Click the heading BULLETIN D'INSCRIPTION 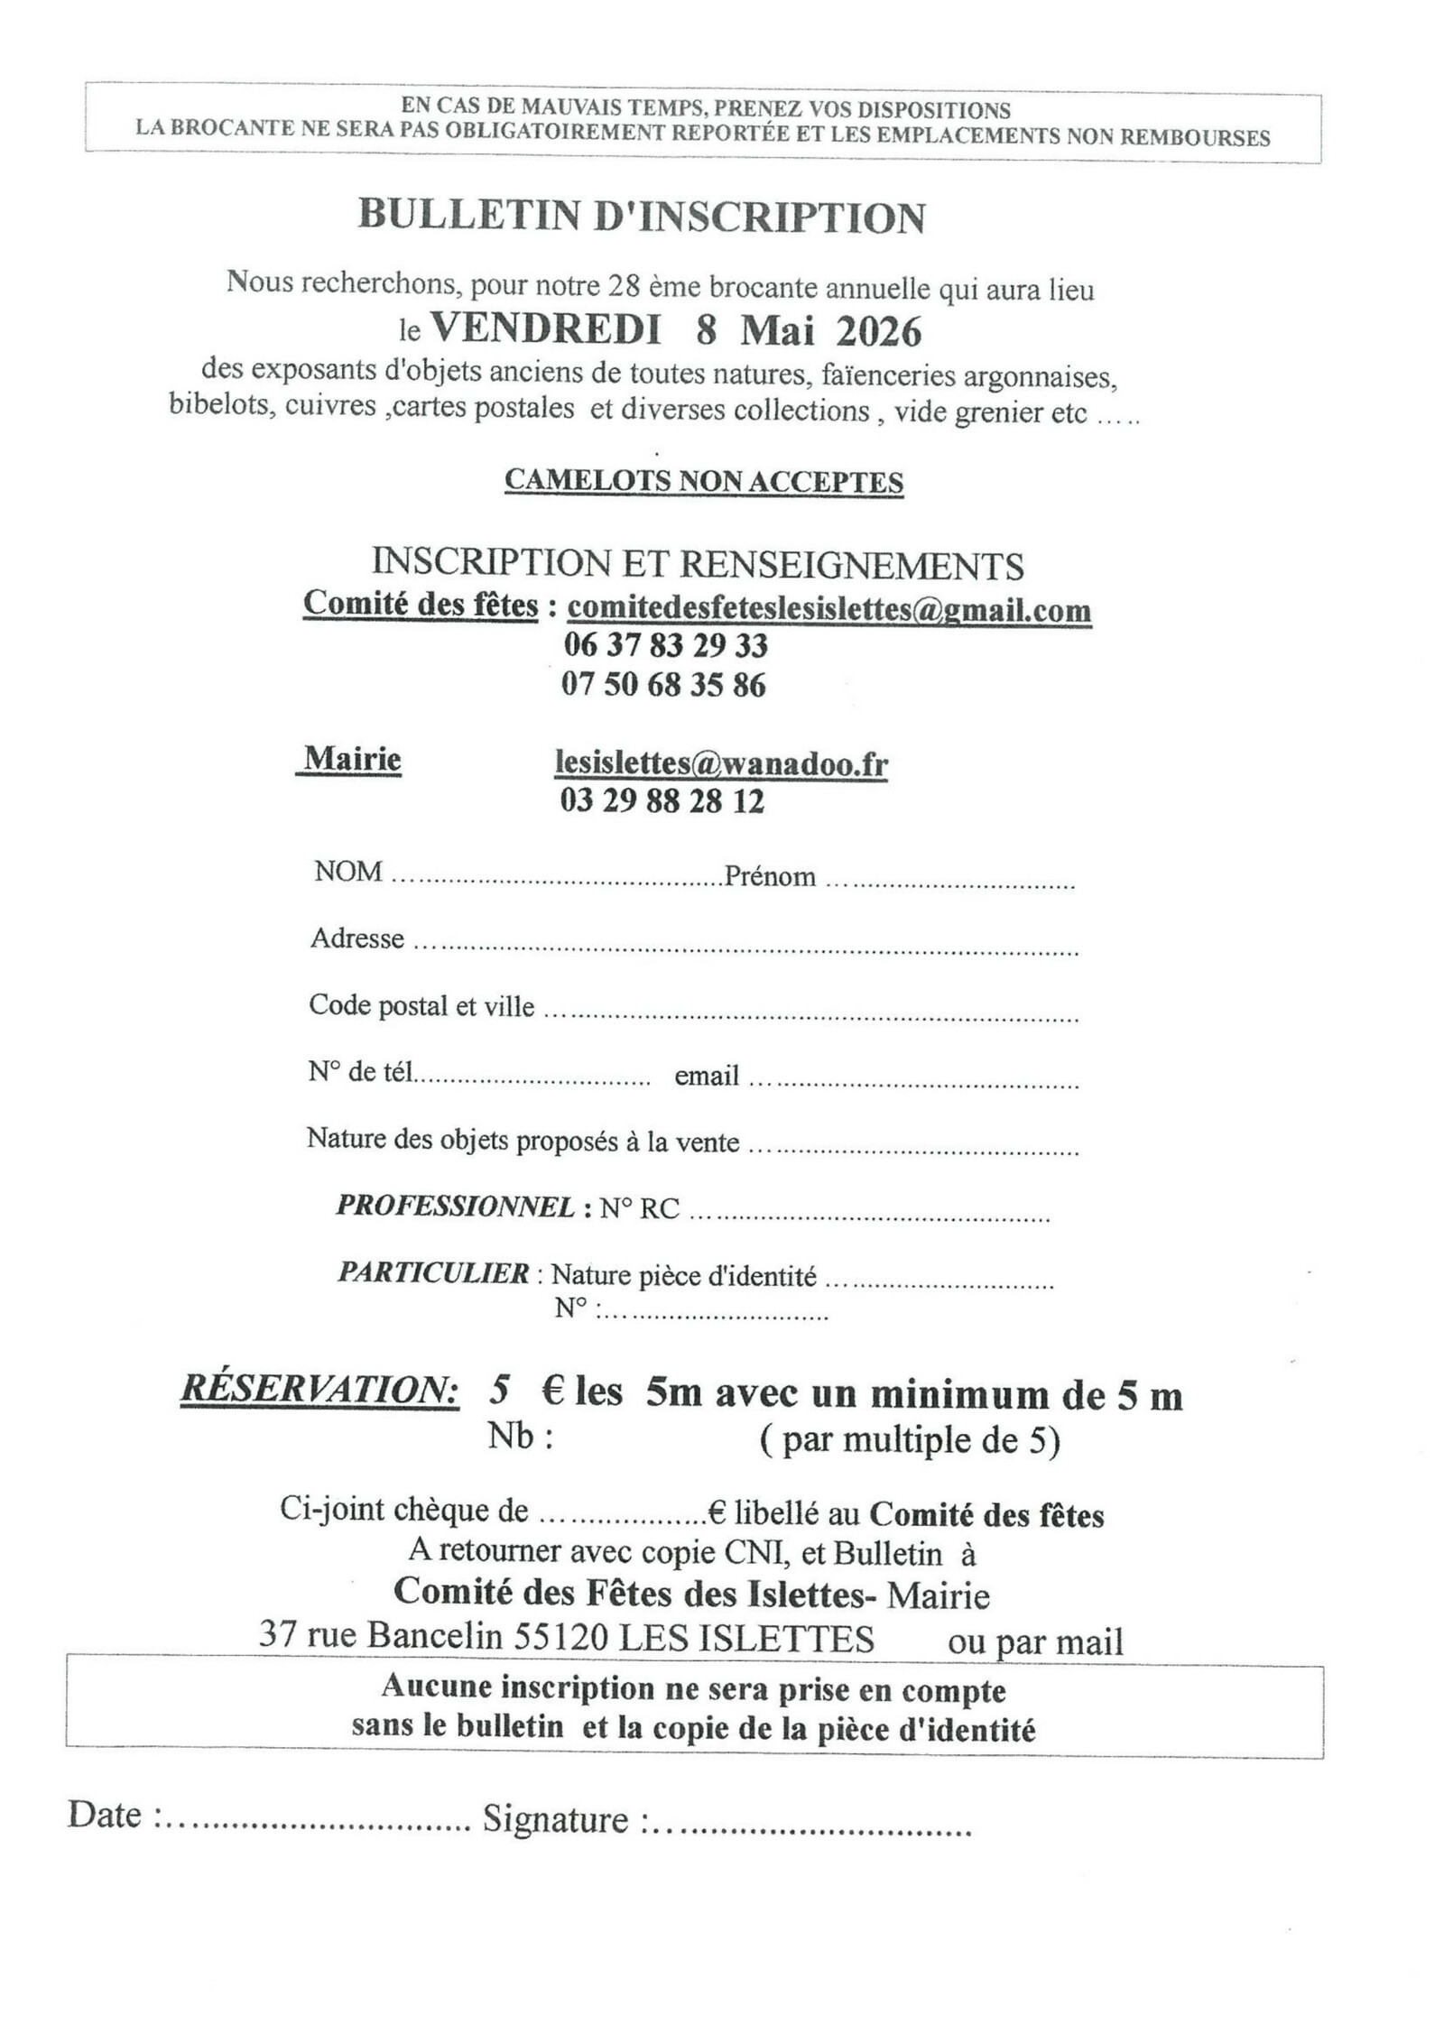point(642,217)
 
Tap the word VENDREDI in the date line point(545,330)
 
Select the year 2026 point(878,332)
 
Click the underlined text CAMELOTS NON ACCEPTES point(703,481)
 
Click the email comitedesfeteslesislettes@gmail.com point(828,609)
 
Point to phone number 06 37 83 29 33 point(665,645)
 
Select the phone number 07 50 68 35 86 point(663,685)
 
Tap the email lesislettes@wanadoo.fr point(721,764)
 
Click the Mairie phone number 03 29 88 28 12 point(662,800)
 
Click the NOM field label point(347,872)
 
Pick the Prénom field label point(770,876)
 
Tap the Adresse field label point(356,938)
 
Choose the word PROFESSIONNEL point(455,1206)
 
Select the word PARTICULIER point(433,1272)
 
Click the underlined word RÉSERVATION point(319,1390)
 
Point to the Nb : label point(521,1436)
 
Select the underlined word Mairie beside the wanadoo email point(352,759)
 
